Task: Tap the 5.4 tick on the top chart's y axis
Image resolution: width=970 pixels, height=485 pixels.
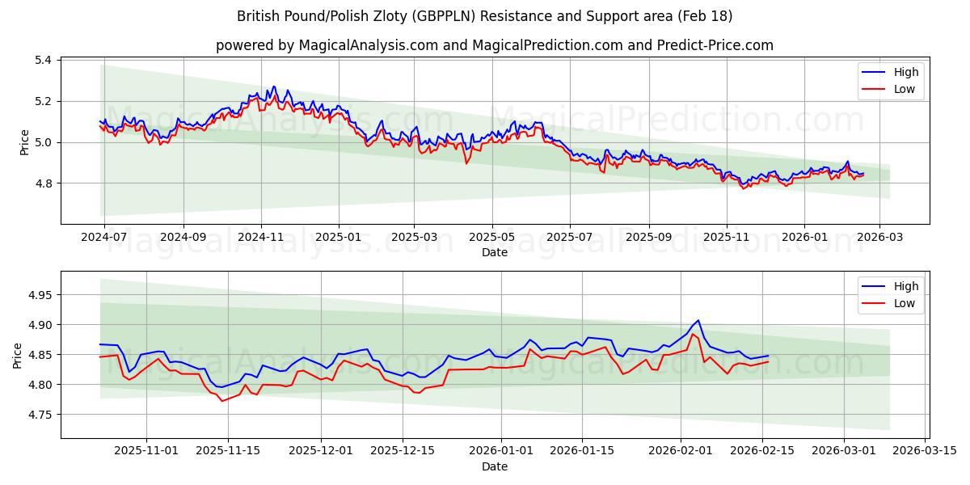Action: (43, 61)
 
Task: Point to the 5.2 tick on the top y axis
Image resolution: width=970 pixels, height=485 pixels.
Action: (43, 101)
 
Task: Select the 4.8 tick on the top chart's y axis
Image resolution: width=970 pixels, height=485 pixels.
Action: (43, 183)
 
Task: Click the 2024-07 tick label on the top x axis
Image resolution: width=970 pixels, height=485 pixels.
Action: (105, 238)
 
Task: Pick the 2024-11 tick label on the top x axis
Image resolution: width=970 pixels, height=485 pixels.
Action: (261, 238)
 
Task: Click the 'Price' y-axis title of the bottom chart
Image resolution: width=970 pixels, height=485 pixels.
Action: (18, 355)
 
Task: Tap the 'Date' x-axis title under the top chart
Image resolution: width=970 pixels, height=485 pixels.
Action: (494, 252)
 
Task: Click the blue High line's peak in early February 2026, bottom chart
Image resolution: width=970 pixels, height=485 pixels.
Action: (698, 320)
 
